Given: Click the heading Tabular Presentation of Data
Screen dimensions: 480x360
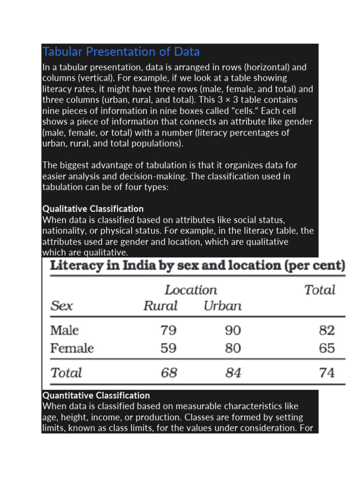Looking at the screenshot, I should pos(121,52).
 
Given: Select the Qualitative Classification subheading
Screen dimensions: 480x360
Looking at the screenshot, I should pos(93,209).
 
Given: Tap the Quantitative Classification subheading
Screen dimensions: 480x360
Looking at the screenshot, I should pos(96,395).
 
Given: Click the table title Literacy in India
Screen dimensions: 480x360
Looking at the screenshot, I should pos(197,266).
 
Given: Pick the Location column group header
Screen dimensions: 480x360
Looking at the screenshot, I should pos(191,290).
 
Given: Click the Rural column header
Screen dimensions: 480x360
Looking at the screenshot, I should pos(160,306).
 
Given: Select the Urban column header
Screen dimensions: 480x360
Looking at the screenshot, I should pos(223,306).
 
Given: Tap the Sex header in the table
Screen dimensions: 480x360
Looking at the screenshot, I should pos(61,306).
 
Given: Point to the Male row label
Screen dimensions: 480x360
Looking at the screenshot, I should pos(64,330).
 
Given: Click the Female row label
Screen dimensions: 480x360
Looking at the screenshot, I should pos(72,348).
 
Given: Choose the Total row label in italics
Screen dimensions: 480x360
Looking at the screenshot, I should pos(66,373).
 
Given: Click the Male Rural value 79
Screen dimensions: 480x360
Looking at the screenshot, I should pos(168,330).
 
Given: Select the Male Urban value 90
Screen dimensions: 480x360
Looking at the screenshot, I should pos(233,330).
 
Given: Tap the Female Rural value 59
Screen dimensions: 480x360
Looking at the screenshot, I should pos(168,348).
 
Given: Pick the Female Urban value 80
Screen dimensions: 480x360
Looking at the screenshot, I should pos(233,348).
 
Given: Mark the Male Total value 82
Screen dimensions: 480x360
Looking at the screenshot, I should pos(327,330).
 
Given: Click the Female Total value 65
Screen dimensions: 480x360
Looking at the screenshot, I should pos(327,348).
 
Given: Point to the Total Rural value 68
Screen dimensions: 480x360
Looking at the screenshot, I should pos(169,373).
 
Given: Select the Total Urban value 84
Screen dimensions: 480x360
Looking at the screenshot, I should pos(233,373).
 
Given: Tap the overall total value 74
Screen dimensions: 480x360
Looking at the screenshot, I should pos(327,373).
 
